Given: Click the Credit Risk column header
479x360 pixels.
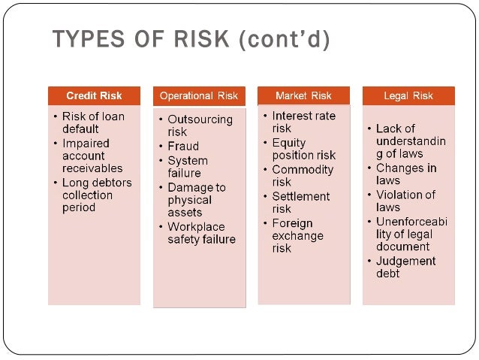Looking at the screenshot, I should tap(94, 96).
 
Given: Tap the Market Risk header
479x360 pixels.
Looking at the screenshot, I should tap(303, 96).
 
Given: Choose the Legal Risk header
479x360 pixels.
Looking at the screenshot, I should tap(408, 96).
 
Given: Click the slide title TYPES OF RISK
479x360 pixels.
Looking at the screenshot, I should tap(191, 40).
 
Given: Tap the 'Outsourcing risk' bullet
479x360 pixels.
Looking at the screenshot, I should tap(200, 126).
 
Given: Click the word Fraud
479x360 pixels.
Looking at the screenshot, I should tap(183, 146).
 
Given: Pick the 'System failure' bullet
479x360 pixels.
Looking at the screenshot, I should tap(188, 166).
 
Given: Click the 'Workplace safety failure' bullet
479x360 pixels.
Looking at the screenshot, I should tap(200, 233).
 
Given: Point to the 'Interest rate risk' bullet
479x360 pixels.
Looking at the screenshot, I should tap(303, 122).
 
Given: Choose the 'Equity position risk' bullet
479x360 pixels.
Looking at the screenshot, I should tap(303, 149).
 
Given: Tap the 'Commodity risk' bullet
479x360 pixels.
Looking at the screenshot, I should tap(303, 176).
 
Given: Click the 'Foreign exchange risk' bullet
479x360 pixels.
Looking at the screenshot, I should tap(298, 235).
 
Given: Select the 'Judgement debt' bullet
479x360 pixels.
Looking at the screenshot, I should tap(405, 267).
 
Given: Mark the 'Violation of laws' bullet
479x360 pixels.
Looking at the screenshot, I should tap(405, 201).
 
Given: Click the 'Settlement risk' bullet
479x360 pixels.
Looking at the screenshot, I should tap(301, 202).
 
